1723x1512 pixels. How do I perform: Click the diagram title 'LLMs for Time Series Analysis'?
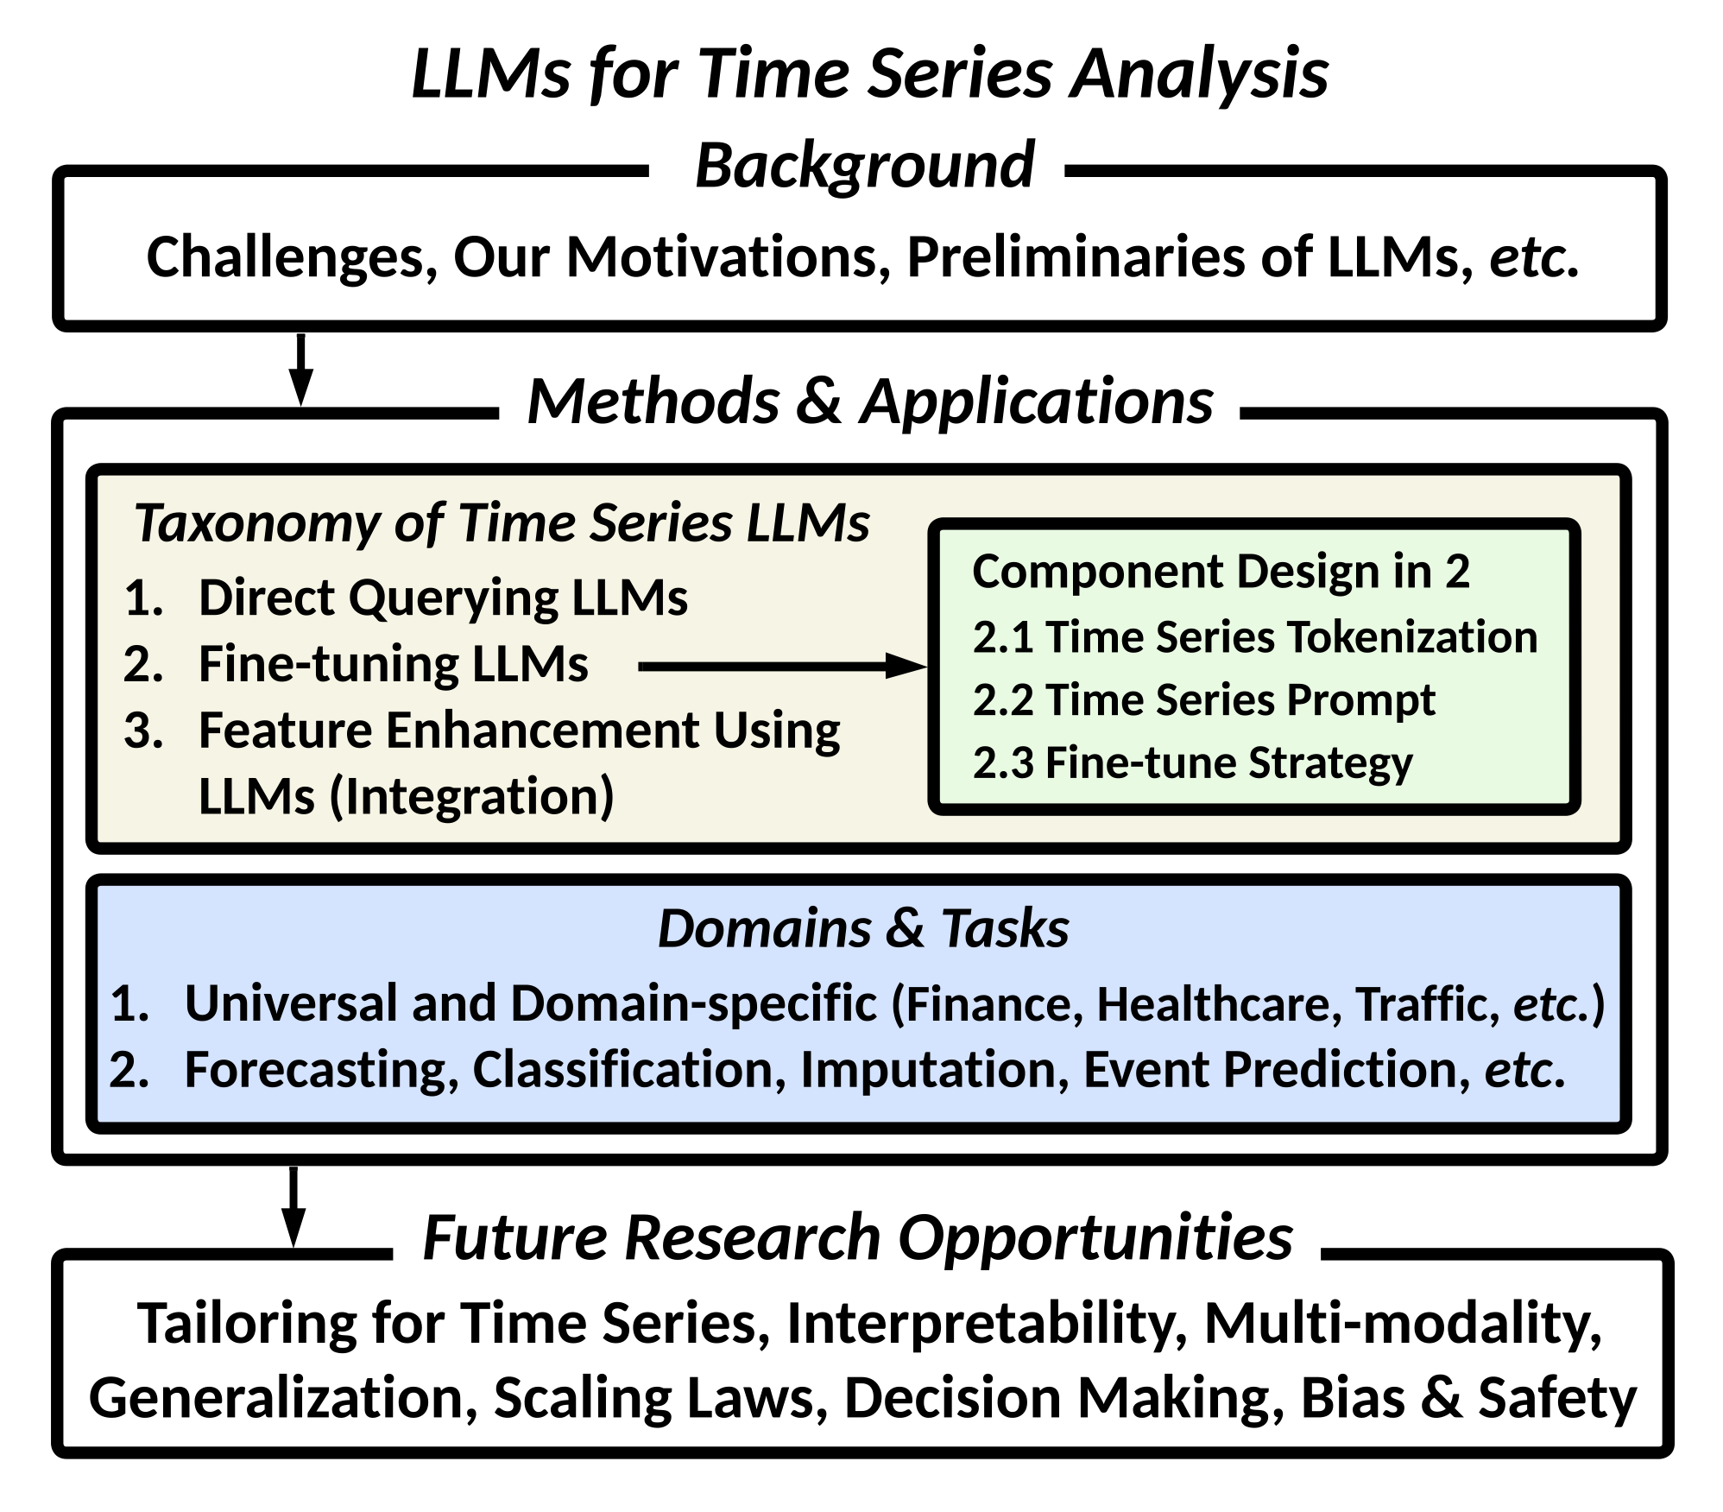(x=869, y=74)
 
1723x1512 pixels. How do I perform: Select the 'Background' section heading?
(x=864, y=165)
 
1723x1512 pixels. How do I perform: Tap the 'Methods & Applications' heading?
(x=870, y=402)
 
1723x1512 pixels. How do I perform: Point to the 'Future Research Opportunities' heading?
(x=857, y=1237)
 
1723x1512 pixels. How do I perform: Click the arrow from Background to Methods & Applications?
(x=300, y=369)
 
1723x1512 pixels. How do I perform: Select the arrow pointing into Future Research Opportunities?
(x=293, y=1207)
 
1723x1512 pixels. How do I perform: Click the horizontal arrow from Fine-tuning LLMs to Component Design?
(x=782, y=666)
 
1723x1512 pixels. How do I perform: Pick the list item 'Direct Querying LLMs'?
(x=444, y=598)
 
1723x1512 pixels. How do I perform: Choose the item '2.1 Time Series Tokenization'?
(x=1255, y=637)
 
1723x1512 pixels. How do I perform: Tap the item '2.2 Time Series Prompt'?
(x=1204, y=700)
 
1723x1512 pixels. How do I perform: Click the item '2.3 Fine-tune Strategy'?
(x=1193, y=763)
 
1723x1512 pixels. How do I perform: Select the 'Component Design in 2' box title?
(x=1221, y=573)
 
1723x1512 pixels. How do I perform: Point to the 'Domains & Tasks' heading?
(x=863, y=929)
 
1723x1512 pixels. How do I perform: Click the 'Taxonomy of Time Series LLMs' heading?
(x=502, y=523)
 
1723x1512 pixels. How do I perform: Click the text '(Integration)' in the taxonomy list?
(x=471, y=796)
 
